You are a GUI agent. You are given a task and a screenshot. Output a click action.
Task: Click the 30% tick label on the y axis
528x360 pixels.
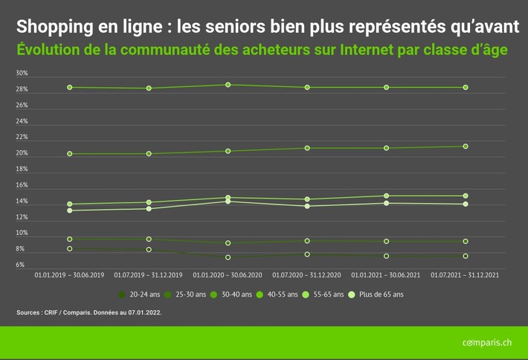pyautogui.click(x=22, y=74)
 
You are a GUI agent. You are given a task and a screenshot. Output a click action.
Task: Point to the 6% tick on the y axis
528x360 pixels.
pyautogui.click(x=20, y=265)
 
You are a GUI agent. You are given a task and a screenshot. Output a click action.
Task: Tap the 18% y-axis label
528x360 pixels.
pyautogui.click(x=22, y=170)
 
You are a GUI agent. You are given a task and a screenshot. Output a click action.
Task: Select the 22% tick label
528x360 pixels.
pyautogui.click(x=22, y=138)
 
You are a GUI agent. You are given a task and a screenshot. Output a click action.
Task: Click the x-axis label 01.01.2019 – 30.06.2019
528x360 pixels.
pyautogui.click(x=70, y=275)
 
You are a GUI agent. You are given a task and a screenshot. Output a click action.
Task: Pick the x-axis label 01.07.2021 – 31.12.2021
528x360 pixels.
pyautogui.click(x=465, y=275)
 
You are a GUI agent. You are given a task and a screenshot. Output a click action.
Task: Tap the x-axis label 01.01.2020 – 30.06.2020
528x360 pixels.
pyautogui.click(x=228, y=275)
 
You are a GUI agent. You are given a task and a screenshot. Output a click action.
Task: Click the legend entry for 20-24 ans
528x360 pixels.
pyautogui.click(x=141, y=295)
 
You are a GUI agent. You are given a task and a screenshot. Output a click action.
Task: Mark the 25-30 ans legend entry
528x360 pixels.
pyautogui.click(x=188, y=295)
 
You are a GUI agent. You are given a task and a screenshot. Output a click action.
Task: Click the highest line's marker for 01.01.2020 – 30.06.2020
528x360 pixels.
pyautogui.click(x=228, y=85)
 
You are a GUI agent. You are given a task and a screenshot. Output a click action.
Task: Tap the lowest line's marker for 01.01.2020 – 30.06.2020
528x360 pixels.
pyautogui.click(x=228, y=257)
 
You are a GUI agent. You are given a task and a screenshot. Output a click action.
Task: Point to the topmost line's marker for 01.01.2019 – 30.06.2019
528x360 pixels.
pyautogui.click(x=70, y=87)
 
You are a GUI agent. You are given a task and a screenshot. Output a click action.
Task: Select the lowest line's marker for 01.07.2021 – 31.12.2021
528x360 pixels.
pyautogui.click(x=465, y=256)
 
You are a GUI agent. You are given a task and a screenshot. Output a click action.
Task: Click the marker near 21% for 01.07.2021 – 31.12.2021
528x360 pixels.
pyautogui.click(x=465, y=147)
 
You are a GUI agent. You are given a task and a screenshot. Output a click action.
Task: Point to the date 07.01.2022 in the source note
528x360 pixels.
pyautogui.click(x=143, y=313)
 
